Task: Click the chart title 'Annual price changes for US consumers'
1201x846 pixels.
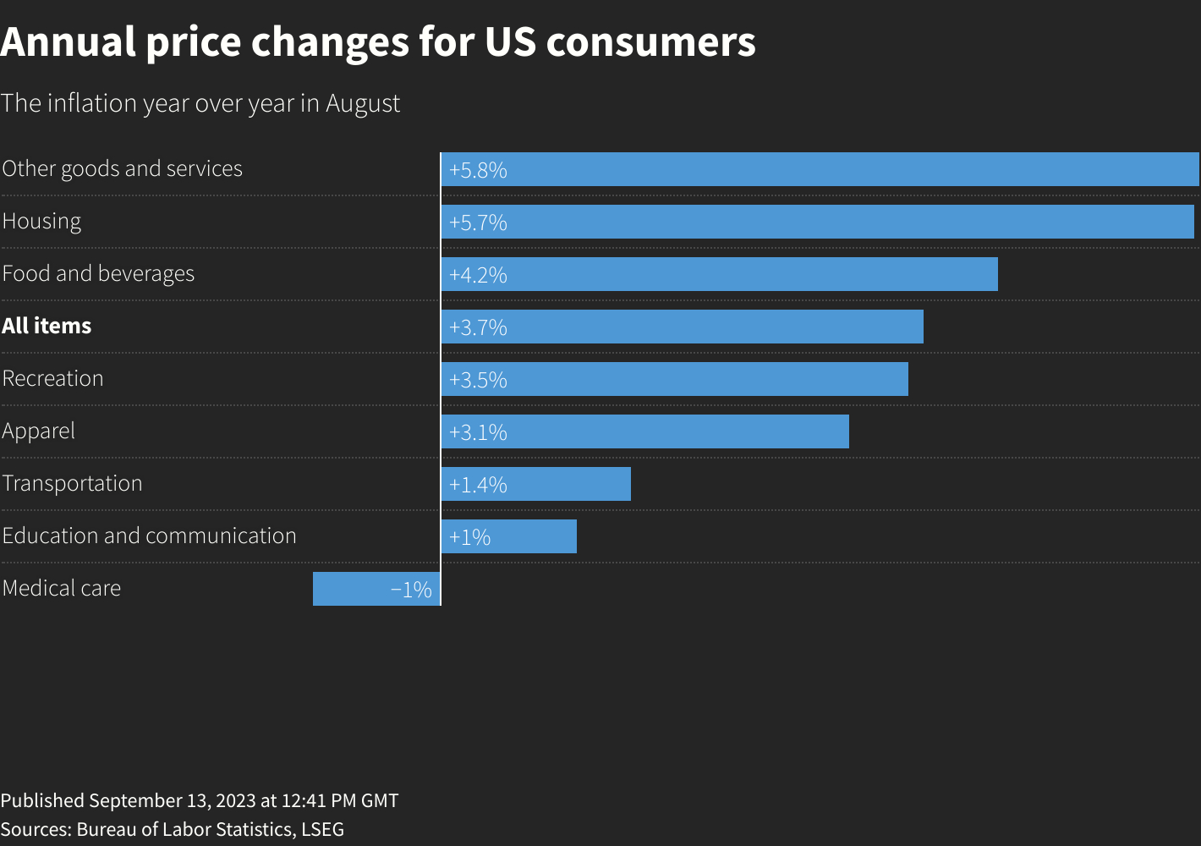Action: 378,42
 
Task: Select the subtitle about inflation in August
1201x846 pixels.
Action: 200,103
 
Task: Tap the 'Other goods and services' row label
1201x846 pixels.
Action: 123,168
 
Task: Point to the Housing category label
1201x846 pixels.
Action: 41,221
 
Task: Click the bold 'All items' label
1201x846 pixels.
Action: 47,326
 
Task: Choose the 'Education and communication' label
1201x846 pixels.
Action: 149,536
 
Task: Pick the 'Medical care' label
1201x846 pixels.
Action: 62,588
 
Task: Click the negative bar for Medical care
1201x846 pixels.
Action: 355,589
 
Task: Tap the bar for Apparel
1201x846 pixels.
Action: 677,431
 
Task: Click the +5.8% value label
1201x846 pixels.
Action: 478,170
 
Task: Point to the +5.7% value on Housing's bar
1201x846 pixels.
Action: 478,222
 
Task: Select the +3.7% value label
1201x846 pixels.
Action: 478,327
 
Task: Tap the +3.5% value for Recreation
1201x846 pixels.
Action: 478,380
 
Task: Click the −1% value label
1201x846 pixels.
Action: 411,590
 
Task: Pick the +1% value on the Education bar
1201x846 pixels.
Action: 469,537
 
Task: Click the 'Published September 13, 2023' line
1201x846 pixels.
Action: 199,800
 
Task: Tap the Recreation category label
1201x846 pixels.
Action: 52,378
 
